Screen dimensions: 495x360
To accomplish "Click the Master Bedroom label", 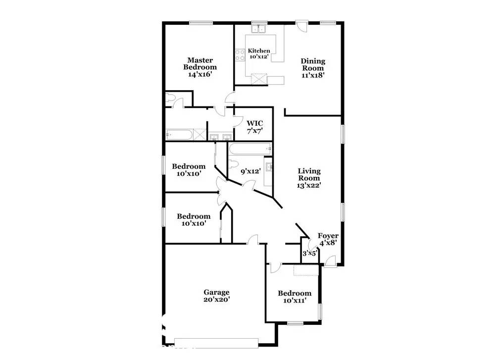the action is (x=200, y=67).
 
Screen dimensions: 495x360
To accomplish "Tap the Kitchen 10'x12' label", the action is (x=259, y=53).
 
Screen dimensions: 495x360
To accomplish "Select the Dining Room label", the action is (x=313, y=68).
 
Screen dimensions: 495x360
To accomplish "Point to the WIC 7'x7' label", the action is (x=255, y=127).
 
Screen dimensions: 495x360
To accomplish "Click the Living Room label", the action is (x=309, y=178).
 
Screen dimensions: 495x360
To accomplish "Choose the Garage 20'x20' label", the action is (x=216, y=296).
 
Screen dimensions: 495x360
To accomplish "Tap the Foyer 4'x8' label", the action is (x=328, y=239).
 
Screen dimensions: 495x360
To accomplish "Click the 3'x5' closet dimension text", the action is (x=309, y=253).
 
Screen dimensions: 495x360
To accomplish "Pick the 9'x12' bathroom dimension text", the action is (x=250, y=171).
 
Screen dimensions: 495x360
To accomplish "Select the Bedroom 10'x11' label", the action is (x=295, y=297).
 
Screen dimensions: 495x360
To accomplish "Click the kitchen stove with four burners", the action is (x=240, y=55).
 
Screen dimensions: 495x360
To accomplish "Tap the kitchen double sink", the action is (x=259, y=28).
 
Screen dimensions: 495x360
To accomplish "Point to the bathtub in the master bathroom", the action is (x=179, y=135).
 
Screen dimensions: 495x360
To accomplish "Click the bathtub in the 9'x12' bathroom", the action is (x=250, y=149).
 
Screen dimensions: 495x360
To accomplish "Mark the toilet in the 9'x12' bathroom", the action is (x=233, y=165).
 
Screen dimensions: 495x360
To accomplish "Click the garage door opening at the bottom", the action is (x=216, y=343).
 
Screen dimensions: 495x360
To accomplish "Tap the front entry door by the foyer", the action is (x=330, y=261).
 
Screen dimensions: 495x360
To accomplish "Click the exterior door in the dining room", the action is (x=301, y=26).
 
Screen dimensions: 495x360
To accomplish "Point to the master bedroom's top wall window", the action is (x=201, y=22).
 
